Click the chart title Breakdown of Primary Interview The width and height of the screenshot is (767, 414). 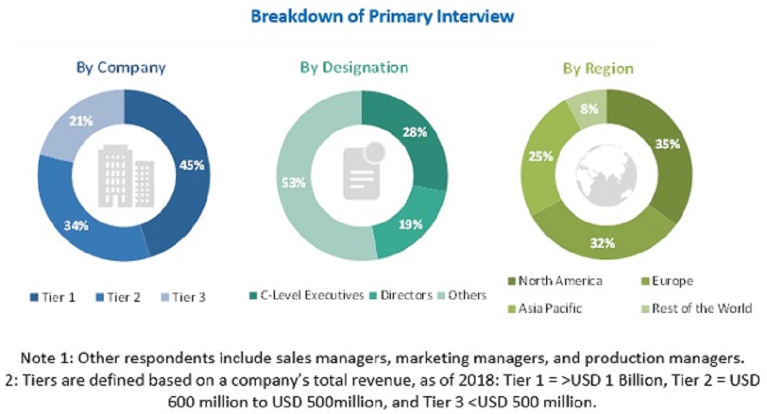tap(382, 17)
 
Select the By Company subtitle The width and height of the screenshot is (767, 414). tap(121, 67)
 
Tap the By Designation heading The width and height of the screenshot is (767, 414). tap(354, 67)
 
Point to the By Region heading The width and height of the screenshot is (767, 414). tap(598, 69)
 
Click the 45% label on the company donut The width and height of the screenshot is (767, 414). tap(191, 165)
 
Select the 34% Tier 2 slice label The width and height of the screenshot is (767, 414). tap(77, 225)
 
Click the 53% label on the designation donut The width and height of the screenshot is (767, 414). tap(293, 182)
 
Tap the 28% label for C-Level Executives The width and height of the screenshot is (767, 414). tap(415, 132)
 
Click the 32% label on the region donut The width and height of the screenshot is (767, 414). tap(603, 243)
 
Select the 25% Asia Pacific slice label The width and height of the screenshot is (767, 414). tap(541, 156)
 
